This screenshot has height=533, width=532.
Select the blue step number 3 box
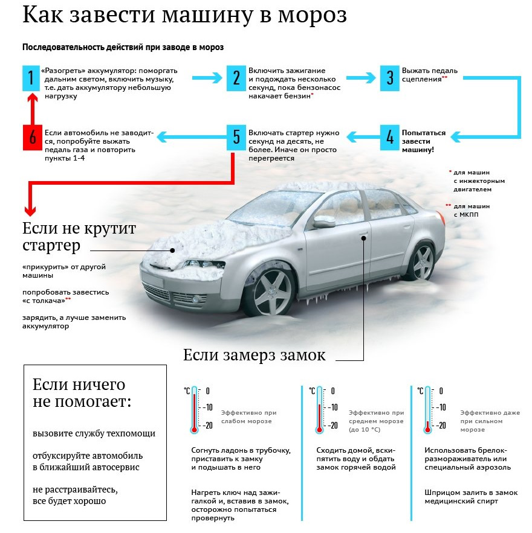click(391, 78)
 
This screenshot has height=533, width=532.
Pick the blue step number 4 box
click(391, 138)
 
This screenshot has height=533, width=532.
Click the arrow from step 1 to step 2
click(209, 78)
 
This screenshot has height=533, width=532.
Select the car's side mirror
click(324, 222)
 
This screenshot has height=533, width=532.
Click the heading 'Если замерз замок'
click(254, 355)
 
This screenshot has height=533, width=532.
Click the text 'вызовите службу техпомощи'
click(94, 433)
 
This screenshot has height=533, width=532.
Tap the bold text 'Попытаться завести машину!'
click(424, 141)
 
